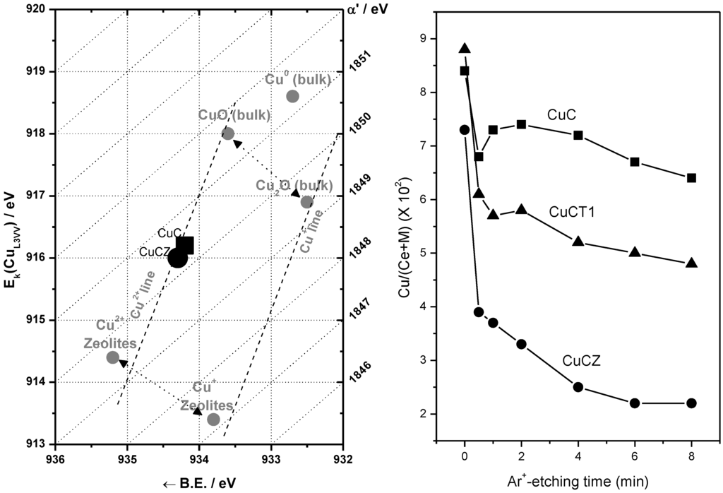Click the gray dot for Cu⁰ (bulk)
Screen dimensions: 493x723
click(x=292, y=96)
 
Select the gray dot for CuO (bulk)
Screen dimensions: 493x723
click(x=228, y=133)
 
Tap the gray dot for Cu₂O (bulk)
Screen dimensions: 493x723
click(x=307, y=202)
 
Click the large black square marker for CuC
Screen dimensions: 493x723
click(x=185, y=245)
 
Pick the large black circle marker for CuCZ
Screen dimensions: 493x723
click(x=178, y=259)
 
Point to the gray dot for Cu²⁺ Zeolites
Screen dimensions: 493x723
click(x=112, y=357)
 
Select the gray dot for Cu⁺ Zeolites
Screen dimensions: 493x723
click(x=213, y=420)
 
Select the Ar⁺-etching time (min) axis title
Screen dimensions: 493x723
click(x=578, y=481)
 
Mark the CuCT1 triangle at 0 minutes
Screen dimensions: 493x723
click(x=465, y=48)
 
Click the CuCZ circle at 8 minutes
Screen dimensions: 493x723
click(x=691, y=403)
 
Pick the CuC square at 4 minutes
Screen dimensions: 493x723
click(x=578, y=135)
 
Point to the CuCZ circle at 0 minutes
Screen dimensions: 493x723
click(x=465, y=129)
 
